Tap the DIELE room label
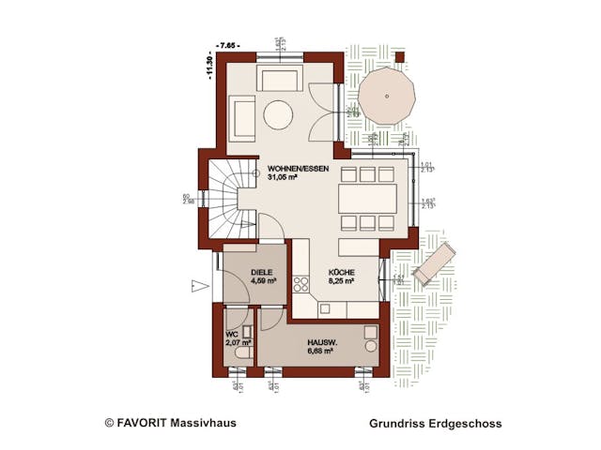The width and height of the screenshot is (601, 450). pos(262,271)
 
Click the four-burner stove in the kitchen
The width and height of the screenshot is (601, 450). pos(302,282)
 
